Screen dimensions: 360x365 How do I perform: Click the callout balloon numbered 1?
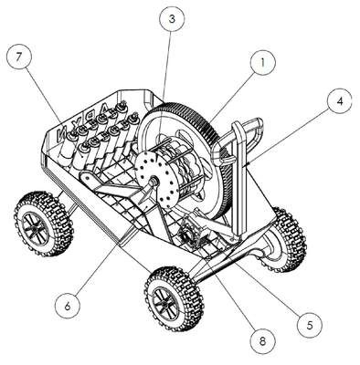pyautogui.click(x=263, y=63)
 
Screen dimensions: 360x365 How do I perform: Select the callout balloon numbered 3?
pyautogui.click(x=172, y=19)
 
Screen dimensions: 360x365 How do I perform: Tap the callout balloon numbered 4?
pyautogui.click(x=340, y=101)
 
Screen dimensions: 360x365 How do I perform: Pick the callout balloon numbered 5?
pyautogui.click(x=310, y=325)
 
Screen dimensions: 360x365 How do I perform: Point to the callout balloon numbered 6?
pyautogui.click(x=68, y=306)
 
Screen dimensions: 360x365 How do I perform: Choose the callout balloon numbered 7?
pyautogui.click(x=19, y=57)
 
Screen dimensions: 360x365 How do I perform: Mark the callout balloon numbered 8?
pyautogui.click(x=262, y=341)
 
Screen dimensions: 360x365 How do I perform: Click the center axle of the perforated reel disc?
pyautogui.click(x=154, y=182)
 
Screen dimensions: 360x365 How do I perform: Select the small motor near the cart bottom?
pyautogui.click(x=190, y=235)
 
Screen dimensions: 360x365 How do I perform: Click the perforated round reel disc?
pyautogui.click(x=158, y=182)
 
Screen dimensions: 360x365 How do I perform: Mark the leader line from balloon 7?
pyautogui.click(x=44, y=95)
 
